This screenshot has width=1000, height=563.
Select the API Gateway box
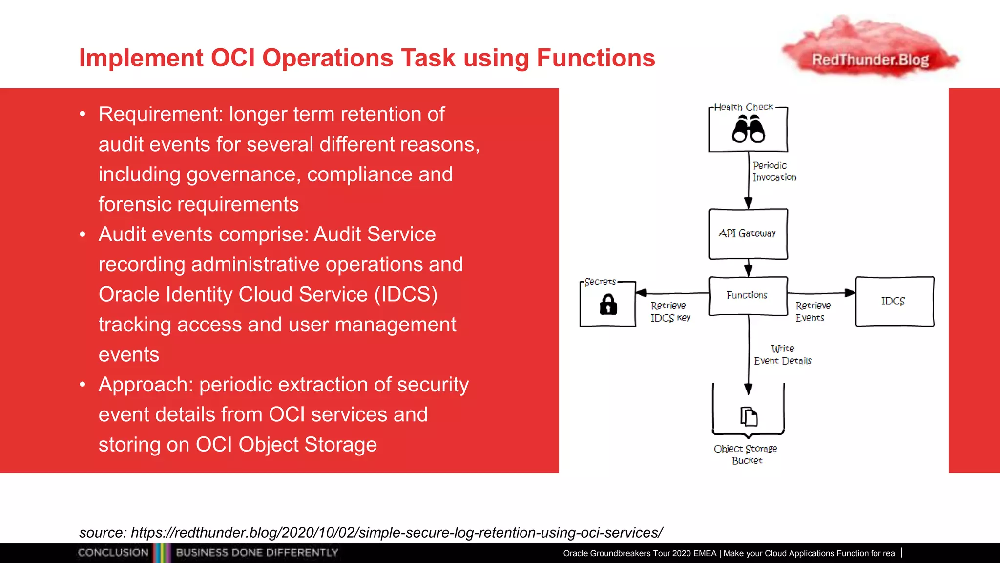pyautogui.click(x=748, y=234)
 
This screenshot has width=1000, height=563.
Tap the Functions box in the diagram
pyautogui.click(x=747, y=295)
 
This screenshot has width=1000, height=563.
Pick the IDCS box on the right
pyautogui.click(x=894, y=301)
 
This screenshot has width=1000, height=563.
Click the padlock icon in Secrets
pyautogui.click(x=608, y=304)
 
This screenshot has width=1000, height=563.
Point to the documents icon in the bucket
pyautogui.click(x=749, y=417)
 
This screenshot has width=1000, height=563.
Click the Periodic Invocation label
pyautogui.click(x=774, y=172)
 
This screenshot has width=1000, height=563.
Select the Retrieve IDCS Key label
pyautogui.click(x=670, y=312)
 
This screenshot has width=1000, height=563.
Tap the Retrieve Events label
pyautogui.click(x=812, y=312)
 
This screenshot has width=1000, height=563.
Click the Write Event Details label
pyautogui.click(x=782, y=355)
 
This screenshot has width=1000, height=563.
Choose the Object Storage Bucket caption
pyautogui.click(x=746, y=455)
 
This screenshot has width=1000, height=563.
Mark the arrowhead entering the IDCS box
pyautogui.click(x=850, y=293)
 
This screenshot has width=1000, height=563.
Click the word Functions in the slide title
pyautogui.click(x=596, y=58)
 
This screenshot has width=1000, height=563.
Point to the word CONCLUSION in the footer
pyautogui.click(x=113, y=553)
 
